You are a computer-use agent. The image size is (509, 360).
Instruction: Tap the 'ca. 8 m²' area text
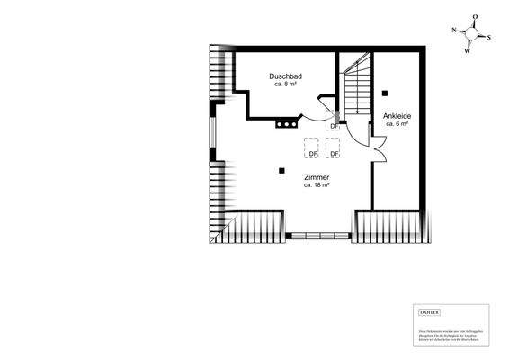pos(285,85)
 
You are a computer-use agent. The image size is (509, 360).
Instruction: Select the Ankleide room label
pos(396,115)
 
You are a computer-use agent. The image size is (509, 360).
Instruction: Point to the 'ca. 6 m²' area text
pos(397,124)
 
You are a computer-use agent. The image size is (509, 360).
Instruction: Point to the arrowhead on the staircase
pos(358,112)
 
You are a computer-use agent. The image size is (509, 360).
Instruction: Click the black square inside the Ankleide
pos(384,92)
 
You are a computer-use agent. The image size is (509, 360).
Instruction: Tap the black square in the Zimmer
pos(281,170)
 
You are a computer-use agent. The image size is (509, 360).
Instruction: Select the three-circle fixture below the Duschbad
pos(286,124)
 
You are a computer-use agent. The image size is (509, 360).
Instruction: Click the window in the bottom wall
pos(317,235)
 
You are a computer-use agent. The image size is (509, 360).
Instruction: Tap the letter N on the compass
pos(455,30)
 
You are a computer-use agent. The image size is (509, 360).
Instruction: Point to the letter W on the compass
pos(467,50)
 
